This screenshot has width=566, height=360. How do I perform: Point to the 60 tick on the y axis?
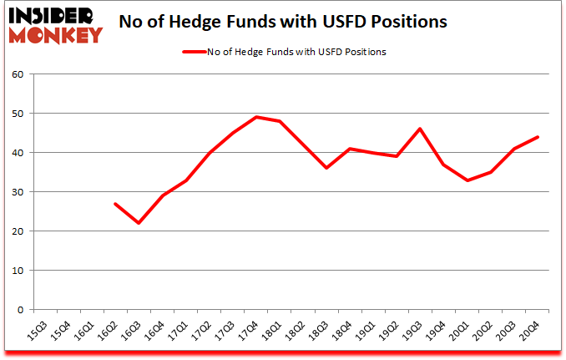(17, 74)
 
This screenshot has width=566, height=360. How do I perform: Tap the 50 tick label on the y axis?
(17, 114)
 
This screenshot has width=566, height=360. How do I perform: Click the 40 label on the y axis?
(17, 153)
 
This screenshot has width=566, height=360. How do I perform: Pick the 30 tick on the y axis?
(17, 192)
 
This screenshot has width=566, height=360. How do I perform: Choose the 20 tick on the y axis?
(17, 231)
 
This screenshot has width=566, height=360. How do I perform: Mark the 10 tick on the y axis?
(17, 271)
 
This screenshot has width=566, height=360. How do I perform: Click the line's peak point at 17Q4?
(256, 117)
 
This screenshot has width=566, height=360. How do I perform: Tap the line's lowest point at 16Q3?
(139, 223)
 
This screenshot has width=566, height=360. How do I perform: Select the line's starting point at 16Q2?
(115, 204)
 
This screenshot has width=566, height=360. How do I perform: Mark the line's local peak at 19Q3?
(421, 129)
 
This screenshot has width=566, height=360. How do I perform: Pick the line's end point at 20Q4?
(538, 137)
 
